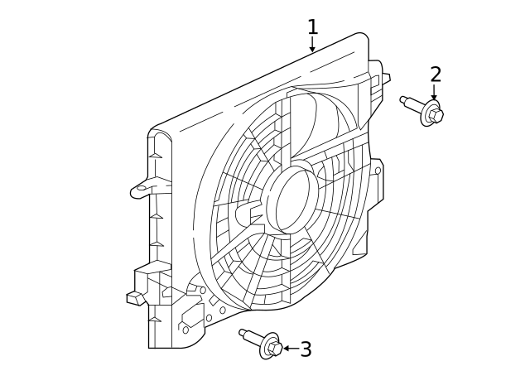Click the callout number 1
tap(312, 27)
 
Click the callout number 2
tap(436, 75)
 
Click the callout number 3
tap(306, 349)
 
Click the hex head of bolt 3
tap(275, 349)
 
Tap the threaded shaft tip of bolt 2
tap(404, 100)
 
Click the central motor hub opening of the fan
tap(294, 199)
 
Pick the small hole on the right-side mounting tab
tap(378, 171)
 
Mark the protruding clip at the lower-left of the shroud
tap(134, 296)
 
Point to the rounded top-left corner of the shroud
tap(157, 133)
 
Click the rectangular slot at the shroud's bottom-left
tap(189, 315)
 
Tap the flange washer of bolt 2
tap(427, 113)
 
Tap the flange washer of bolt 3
tap(267, 345)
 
